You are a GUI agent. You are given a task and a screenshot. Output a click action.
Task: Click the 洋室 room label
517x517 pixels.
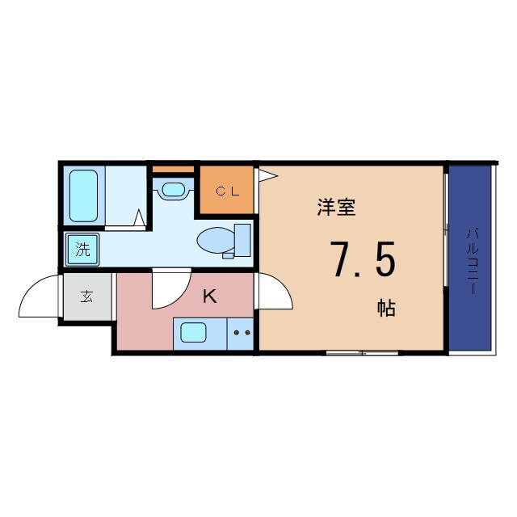336,208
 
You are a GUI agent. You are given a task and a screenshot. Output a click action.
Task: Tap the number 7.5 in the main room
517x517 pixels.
363,260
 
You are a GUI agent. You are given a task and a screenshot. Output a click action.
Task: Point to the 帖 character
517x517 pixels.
385,308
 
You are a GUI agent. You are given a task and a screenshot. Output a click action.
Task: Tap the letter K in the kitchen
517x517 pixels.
209,296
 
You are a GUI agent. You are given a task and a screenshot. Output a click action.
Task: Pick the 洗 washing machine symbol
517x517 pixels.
83,250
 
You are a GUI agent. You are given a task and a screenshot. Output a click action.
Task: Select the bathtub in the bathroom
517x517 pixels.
83,195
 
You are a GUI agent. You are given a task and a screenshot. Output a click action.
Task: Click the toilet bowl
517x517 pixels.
215,240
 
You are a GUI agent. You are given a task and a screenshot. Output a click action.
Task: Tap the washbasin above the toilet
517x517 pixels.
173,191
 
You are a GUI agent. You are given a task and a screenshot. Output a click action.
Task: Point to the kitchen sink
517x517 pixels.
193,332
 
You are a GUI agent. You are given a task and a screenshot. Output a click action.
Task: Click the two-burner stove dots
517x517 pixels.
242,332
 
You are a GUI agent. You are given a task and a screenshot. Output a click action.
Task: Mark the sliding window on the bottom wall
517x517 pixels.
361,352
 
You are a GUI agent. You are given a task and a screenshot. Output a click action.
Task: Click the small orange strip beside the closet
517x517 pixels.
174,169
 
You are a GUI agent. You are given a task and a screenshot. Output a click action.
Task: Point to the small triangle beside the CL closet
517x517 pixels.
266,173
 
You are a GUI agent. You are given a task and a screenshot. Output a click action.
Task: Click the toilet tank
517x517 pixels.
242,239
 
